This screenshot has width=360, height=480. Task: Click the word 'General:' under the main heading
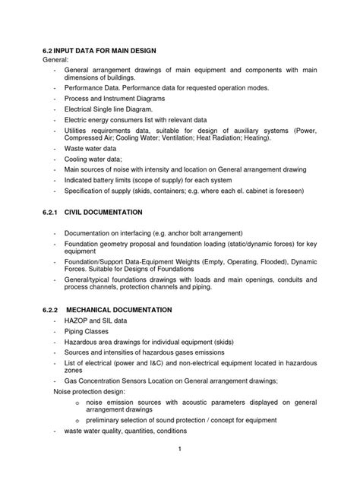55,60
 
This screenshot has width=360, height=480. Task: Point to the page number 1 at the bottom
179,459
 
